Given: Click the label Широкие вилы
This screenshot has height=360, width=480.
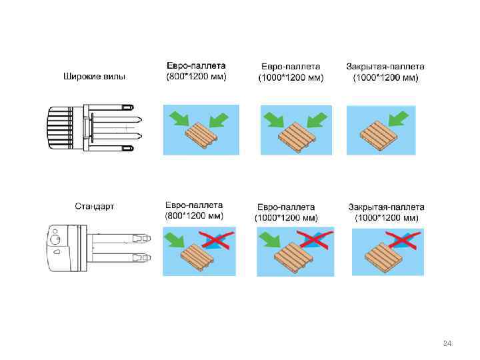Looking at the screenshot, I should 94,77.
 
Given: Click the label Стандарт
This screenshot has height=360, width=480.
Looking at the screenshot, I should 94,206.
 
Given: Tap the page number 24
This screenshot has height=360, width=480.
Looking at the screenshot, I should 447,343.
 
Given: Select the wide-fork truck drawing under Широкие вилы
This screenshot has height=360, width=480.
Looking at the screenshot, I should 93,129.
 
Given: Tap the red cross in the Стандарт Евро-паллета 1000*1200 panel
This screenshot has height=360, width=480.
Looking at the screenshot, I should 314,239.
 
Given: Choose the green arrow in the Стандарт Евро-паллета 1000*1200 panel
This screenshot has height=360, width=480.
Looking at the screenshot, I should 270,238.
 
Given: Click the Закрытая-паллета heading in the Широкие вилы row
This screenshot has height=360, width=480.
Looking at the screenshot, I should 385,66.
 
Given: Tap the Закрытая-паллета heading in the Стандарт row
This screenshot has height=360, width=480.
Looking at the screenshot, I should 386,207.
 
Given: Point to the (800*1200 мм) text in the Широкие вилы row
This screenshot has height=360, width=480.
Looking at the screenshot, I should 196,77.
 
